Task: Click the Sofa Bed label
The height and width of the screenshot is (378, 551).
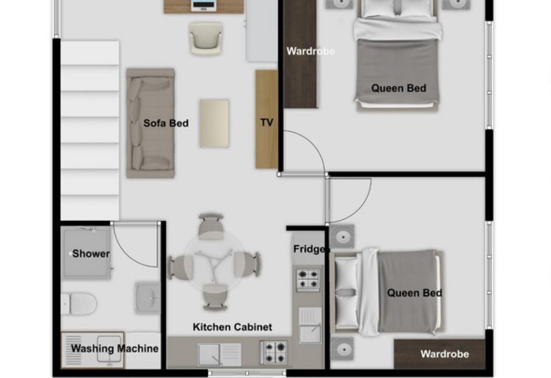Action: [x=166, y=123]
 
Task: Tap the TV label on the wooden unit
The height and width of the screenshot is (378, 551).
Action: [x=267, y=122]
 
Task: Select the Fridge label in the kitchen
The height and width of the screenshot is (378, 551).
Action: [x=309, y=249]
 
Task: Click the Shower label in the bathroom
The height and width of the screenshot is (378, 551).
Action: [x=91, y=254]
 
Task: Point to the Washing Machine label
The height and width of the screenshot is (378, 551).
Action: [x=114, y=349]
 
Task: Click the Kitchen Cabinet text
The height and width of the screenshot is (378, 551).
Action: [x=232, y=327]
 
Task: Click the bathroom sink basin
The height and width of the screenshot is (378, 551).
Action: [x=148, y=298]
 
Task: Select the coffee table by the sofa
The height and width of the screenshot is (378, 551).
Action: [x=214, y=123]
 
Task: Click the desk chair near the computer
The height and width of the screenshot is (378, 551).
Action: [x=206, y=38]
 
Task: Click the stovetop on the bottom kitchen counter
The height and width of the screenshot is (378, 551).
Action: [x=274, y=352]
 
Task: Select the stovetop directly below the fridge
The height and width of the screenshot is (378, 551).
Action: [x=308, y=280]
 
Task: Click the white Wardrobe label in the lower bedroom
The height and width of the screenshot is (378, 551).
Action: [x=444, y=354]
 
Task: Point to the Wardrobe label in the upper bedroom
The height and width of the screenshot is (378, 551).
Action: [x=310, y=51]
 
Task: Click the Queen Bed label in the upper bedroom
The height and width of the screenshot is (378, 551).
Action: [x=398, y=88]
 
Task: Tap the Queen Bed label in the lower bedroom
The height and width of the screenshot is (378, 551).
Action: [x=415, y=293]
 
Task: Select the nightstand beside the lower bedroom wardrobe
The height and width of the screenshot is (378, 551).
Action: [x=342, y=349]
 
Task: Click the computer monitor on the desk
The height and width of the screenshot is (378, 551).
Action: [x=204, y=5]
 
